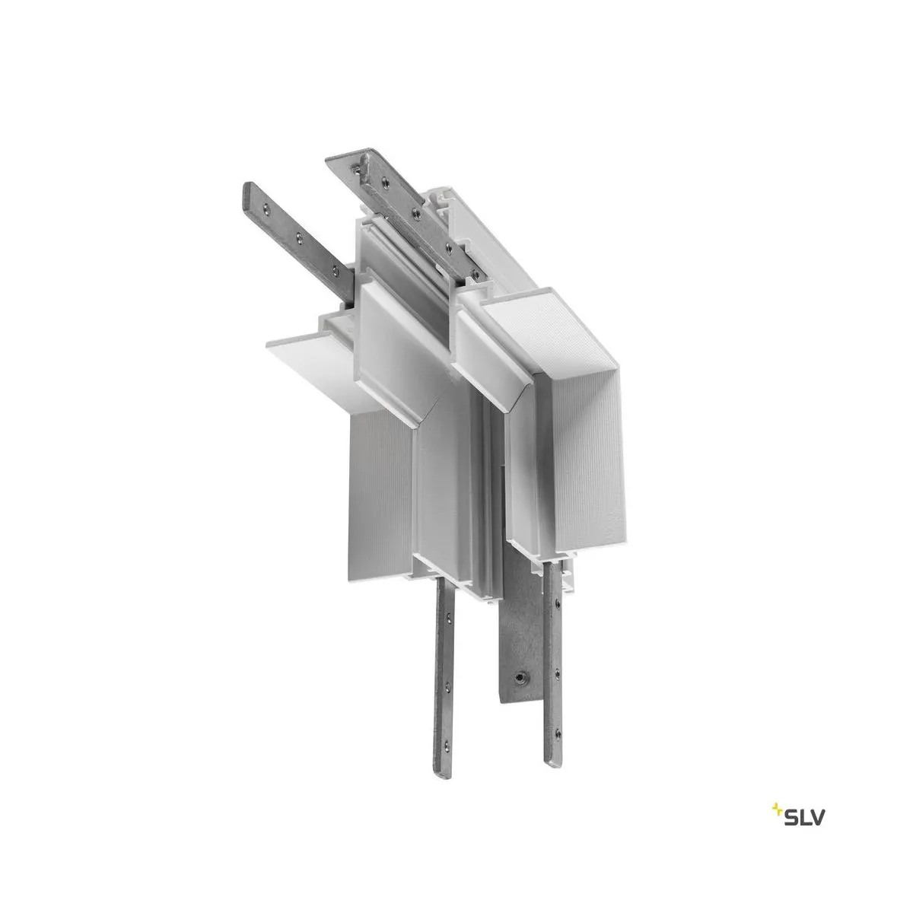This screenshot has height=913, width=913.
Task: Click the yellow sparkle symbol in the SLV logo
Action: click(x=778, y=786)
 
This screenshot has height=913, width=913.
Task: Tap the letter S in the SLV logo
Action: click(x=791, y=795)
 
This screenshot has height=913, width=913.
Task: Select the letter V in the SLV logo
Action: click(x=816, y=795)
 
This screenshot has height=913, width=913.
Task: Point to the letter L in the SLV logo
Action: click(x=803, y=795)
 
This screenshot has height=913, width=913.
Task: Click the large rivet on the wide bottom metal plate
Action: click(x=520, y=676)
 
